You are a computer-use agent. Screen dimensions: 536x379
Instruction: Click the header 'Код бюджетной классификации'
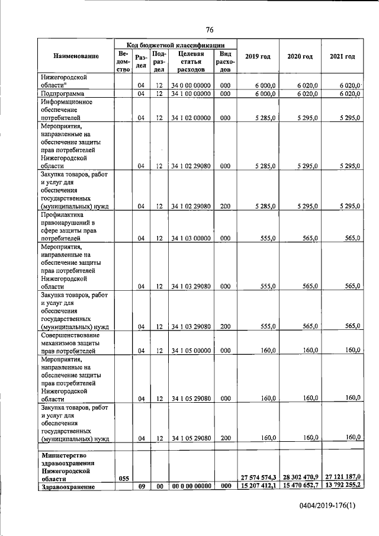[175, 44]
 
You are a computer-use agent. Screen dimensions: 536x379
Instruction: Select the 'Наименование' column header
[76, 57]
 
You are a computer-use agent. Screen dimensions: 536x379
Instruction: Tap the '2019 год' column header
[258, 57]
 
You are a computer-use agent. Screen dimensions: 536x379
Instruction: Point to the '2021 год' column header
[342, 57]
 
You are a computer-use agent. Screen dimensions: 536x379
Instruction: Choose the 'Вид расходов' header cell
[225, 61]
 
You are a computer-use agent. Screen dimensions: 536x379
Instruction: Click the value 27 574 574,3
[258, 477]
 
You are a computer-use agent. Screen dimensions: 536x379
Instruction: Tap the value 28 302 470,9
[300, 477]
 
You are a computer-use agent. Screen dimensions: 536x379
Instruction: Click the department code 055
[123, 477]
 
